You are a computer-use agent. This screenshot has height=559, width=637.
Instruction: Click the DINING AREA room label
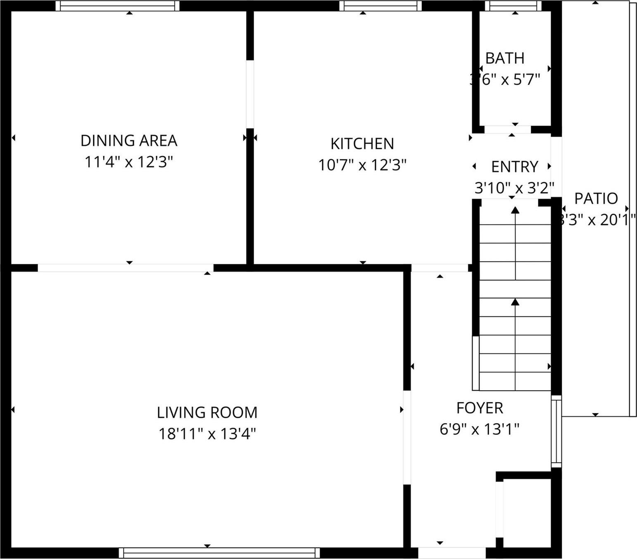(129, 141)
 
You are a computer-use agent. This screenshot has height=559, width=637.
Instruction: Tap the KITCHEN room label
(362, 144)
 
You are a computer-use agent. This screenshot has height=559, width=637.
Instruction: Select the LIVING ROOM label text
(207, 412)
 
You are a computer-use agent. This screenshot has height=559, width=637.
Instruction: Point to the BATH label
(505, 59)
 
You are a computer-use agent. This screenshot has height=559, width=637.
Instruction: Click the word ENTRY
(515, 167)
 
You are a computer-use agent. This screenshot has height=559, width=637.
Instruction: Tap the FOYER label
(480, 408)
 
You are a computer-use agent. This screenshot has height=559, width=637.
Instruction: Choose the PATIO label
(596, 199)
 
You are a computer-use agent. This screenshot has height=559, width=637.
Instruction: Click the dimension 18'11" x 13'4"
(207, 434)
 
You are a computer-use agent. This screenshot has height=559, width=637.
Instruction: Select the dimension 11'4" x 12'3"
(128, 162)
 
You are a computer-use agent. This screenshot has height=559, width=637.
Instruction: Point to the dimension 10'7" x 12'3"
(362, 165)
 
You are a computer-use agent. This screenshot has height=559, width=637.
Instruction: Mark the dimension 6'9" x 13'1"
(479, 429)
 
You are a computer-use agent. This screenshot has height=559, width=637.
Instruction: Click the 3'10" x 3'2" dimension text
(514, 188)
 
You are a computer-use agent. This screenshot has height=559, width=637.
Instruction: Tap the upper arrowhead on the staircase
(515, 211)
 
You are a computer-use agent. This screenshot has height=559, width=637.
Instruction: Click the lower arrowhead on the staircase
(515, 302)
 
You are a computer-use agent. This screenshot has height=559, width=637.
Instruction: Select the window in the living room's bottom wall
(219, 553)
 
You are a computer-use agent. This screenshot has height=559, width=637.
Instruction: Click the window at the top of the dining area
(118, 6)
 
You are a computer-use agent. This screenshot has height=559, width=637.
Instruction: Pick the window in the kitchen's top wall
(380, 6)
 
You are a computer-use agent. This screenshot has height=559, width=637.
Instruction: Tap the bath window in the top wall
(513, 6)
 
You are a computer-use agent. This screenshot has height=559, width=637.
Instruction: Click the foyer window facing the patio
(556, 431)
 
